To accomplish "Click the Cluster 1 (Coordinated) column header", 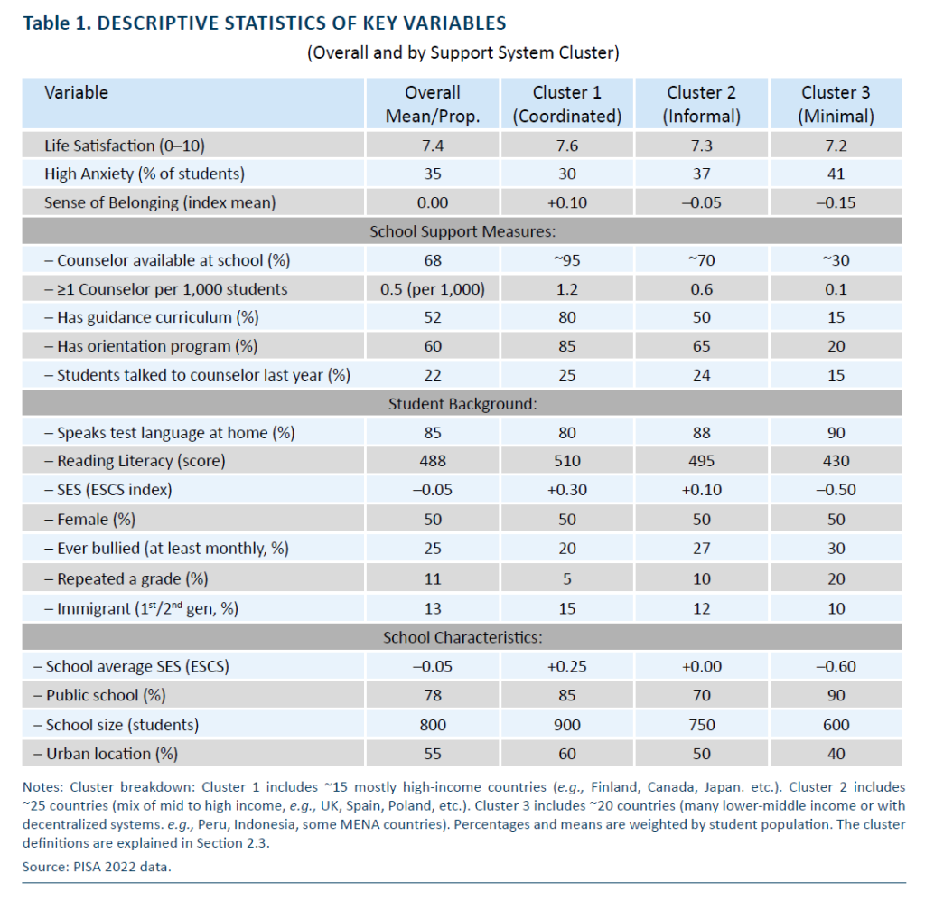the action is click(x=567, y=104).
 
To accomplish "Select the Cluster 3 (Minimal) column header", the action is click(x=836, y=104).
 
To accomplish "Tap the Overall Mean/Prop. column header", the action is click(x=433, y=104).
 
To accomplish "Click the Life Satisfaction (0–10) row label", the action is click(x=125, y=146).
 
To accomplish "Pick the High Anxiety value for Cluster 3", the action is click(x=836, y=174).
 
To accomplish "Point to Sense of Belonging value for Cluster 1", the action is click(x=567, y=202).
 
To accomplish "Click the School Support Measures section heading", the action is click(x=462, y=231).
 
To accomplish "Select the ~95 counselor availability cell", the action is click(x=567, y=260).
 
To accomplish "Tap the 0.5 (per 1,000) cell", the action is click(x=433, y=289).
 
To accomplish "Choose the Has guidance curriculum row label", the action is click(x=152, y=317).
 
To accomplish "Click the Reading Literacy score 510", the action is click(x=567, y=460).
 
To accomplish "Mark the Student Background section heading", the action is click(x=462, y=404).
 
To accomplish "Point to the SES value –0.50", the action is click(x=836, y=489).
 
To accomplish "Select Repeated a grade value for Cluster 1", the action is click(x=567, y=578).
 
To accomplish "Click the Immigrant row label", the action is click(x=142, y=608).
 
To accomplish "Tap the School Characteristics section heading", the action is click(x=462, y=637).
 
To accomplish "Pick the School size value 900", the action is click(x=567, y=725).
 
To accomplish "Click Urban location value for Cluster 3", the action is click(x=836, y=754).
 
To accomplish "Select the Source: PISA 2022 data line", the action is click(x=97, y=867).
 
